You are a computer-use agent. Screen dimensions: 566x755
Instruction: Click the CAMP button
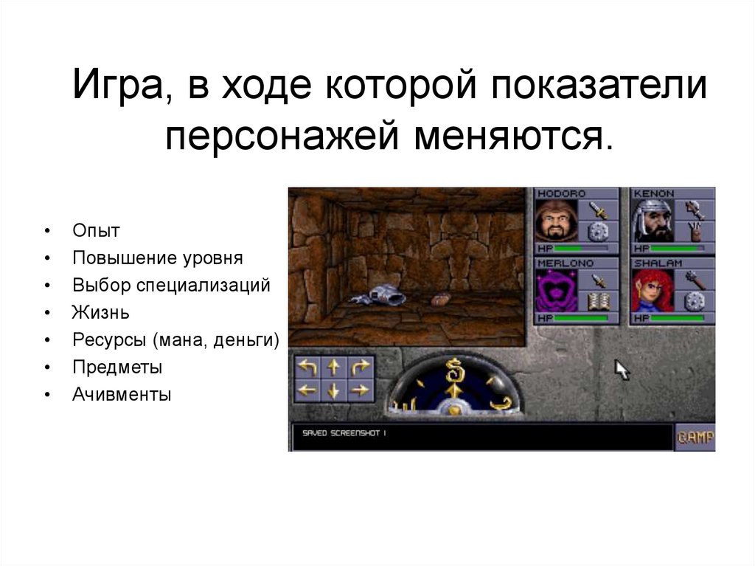coord(695,437)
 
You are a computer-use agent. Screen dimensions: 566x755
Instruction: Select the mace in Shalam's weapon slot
coord(695,278)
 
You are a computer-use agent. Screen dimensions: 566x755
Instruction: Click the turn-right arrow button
coord(359,366)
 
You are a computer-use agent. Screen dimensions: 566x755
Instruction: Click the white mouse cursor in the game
coord(622,369)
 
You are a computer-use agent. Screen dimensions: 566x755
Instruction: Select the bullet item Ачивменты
coord(122,395)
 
